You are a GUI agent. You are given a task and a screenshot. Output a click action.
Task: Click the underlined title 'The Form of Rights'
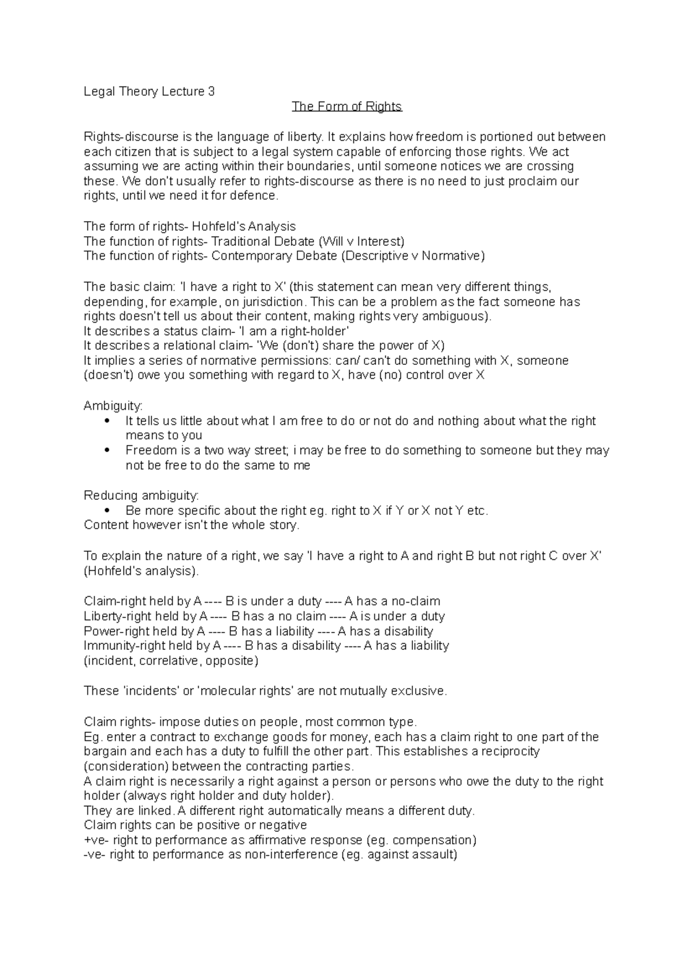coord(346,107)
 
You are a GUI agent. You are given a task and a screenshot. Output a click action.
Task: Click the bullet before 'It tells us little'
coord(105,421)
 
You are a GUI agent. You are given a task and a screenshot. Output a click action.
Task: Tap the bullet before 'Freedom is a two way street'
coord(105,450)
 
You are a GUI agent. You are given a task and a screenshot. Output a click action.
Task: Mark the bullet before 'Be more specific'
coord(105,511)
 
